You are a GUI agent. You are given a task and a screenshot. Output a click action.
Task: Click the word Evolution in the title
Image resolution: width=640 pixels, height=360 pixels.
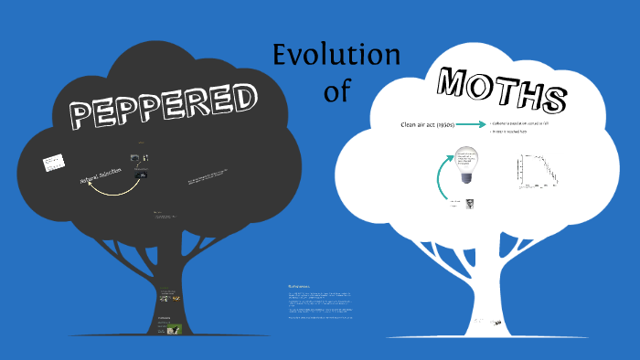[x=336, y=55]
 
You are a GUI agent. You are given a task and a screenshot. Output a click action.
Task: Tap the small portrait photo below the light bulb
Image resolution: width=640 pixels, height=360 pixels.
[x=467, y=205]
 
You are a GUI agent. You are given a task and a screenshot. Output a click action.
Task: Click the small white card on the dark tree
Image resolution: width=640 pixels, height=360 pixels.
[x=52, y=164]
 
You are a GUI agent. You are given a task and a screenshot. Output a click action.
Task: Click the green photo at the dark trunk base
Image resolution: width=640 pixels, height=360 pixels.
[x=173, y=330]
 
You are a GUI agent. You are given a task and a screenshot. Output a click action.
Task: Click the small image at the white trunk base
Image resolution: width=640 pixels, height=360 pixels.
[x=495, y=323]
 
